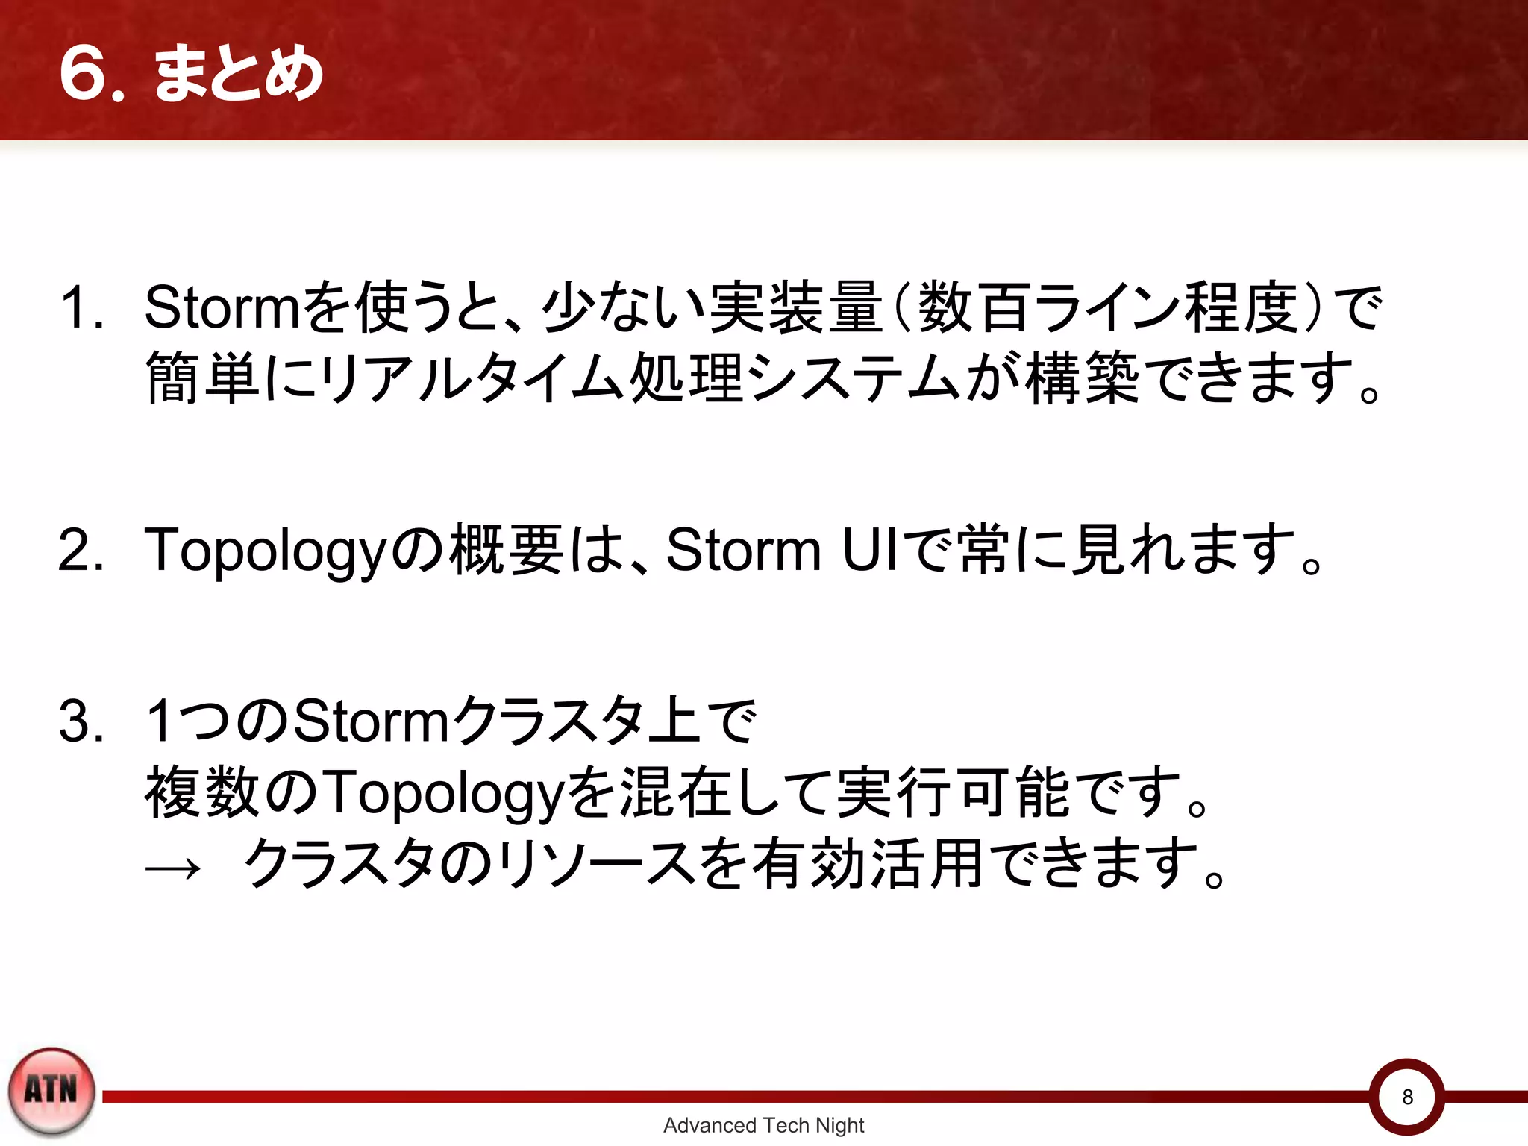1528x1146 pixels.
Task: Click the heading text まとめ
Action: click(239, 73)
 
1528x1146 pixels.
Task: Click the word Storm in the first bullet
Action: click(222, 307)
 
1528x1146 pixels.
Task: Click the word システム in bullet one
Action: click(854, 378)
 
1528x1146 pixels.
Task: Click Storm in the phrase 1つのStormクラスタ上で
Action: click(371, 721)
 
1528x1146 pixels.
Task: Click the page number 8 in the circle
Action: click(1407, 1097)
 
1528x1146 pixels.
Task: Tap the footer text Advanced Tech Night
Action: click(763, 1125)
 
